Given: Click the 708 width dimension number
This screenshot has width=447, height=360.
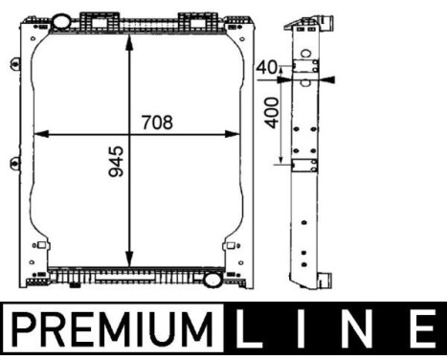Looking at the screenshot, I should click(156, 122).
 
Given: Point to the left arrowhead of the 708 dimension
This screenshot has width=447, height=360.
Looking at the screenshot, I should click(39, 134).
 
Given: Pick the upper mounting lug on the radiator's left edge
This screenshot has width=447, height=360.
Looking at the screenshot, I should click(14, 65).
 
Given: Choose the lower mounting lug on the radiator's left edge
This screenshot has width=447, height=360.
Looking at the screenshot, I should click(14, 161).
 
